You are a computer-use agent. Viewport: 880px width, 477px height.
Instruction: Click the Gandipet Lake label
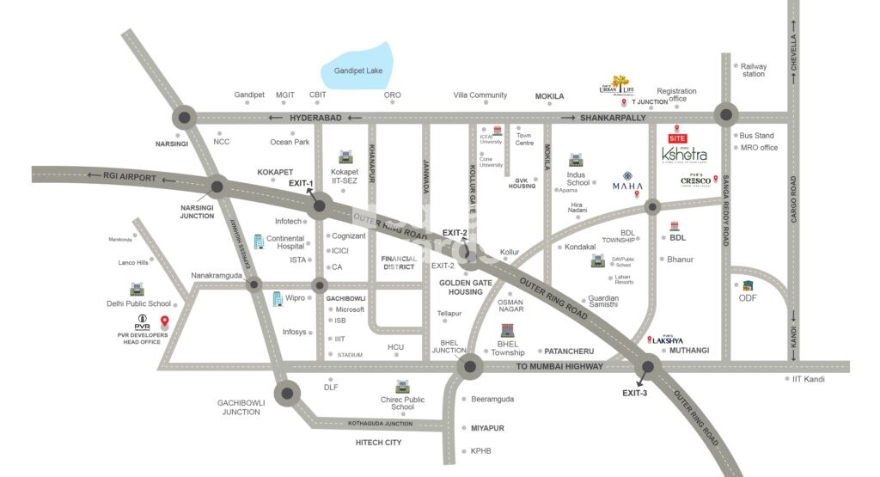[x=359, y=70]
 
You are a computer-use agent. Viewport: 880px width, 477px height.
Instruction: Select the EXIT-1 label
[x=301, y=183]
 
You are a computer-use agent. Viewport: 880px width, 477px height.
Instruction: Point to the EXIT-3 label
[x=635, y=393]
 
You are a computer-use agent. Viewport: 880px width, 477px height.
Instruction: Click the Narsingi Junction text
[x=197, y=211]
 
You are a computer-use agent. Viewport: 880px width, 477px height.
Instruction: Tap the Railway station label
[x=754, y=70]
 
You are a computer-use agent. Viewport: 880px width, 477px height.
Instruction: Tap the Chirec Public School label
[x=402, y=402]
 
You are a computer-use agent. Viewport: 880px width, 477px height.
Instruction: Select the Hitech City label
[x=378, y=443]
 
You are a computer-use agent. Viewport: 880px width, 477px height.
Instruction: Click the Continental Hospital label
[x=285, y=242]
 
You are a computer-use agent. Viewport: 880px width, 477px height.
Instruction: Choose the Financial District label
[x=399, y=263]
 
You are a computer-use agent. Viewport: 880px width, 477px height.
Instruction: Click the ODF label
[x=748, y=298]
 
